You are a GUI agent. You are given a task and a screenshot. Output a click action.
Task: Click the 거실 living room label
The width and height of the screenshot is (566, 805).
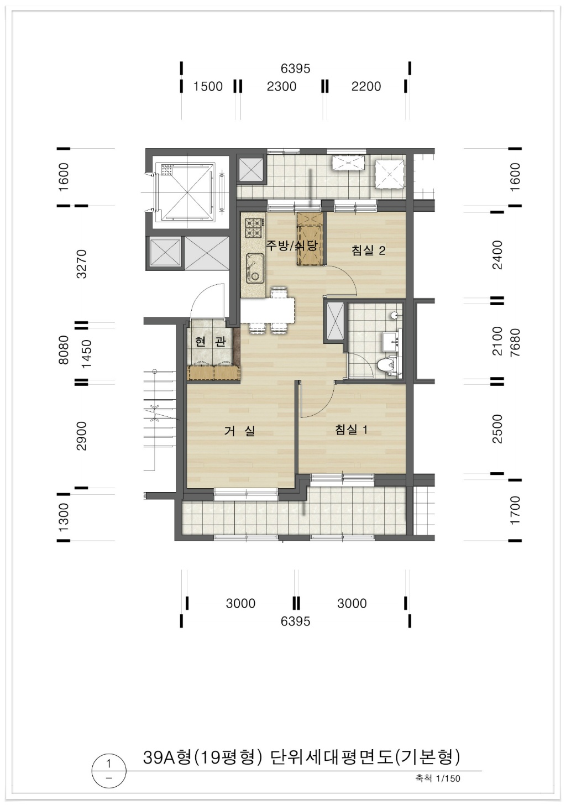click(x=239, y=431)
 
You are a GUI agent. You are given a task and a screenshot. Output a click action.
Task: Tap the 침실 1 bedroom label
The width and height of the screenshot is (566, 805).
click(x=351, y=429)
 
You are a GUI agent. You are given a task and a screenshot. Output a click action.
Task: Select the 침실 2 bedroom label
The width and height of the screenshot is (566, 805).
click(x=369, y=250)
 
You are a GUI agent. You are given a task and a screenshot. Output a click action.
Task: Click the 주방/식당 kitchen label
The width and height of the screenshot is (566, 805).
click(x=291, y=245)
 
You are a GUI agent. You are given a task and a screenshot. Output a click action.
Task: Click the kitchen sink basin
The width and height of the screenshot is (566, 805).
click(x=255, y=268)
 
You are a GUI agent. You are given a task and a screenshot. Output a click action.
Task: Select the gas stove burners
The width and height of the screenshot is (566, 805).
click(x=254, y=228)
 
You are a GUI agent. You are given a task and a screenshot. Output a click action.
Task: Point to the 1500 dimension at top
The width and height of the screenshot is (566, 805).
click(x=208, y=87)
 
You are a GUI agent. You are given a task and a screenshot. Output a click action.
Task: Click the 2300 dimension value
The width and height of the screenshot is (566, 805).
click(x=281, y=87)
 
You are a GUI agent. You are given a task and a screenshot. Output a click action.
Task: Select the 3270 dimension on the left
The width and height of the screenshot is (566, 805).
click(x=82, y=264)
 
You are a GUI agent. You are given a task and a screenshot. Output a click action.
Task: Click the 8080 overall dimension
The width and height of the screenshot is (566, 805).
click(x=64, y=349)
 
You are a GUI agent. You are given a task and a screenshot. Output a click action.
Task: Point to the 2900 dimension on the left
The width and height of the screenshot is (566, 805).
click(x=82, y=436)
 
